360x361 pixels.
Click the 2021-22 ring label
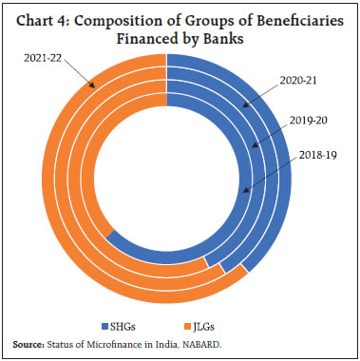pos(43,59)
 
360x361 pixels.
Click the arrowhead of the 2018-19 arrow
pos(243,190)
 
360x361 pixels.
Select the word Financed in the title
pos(158,34)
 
